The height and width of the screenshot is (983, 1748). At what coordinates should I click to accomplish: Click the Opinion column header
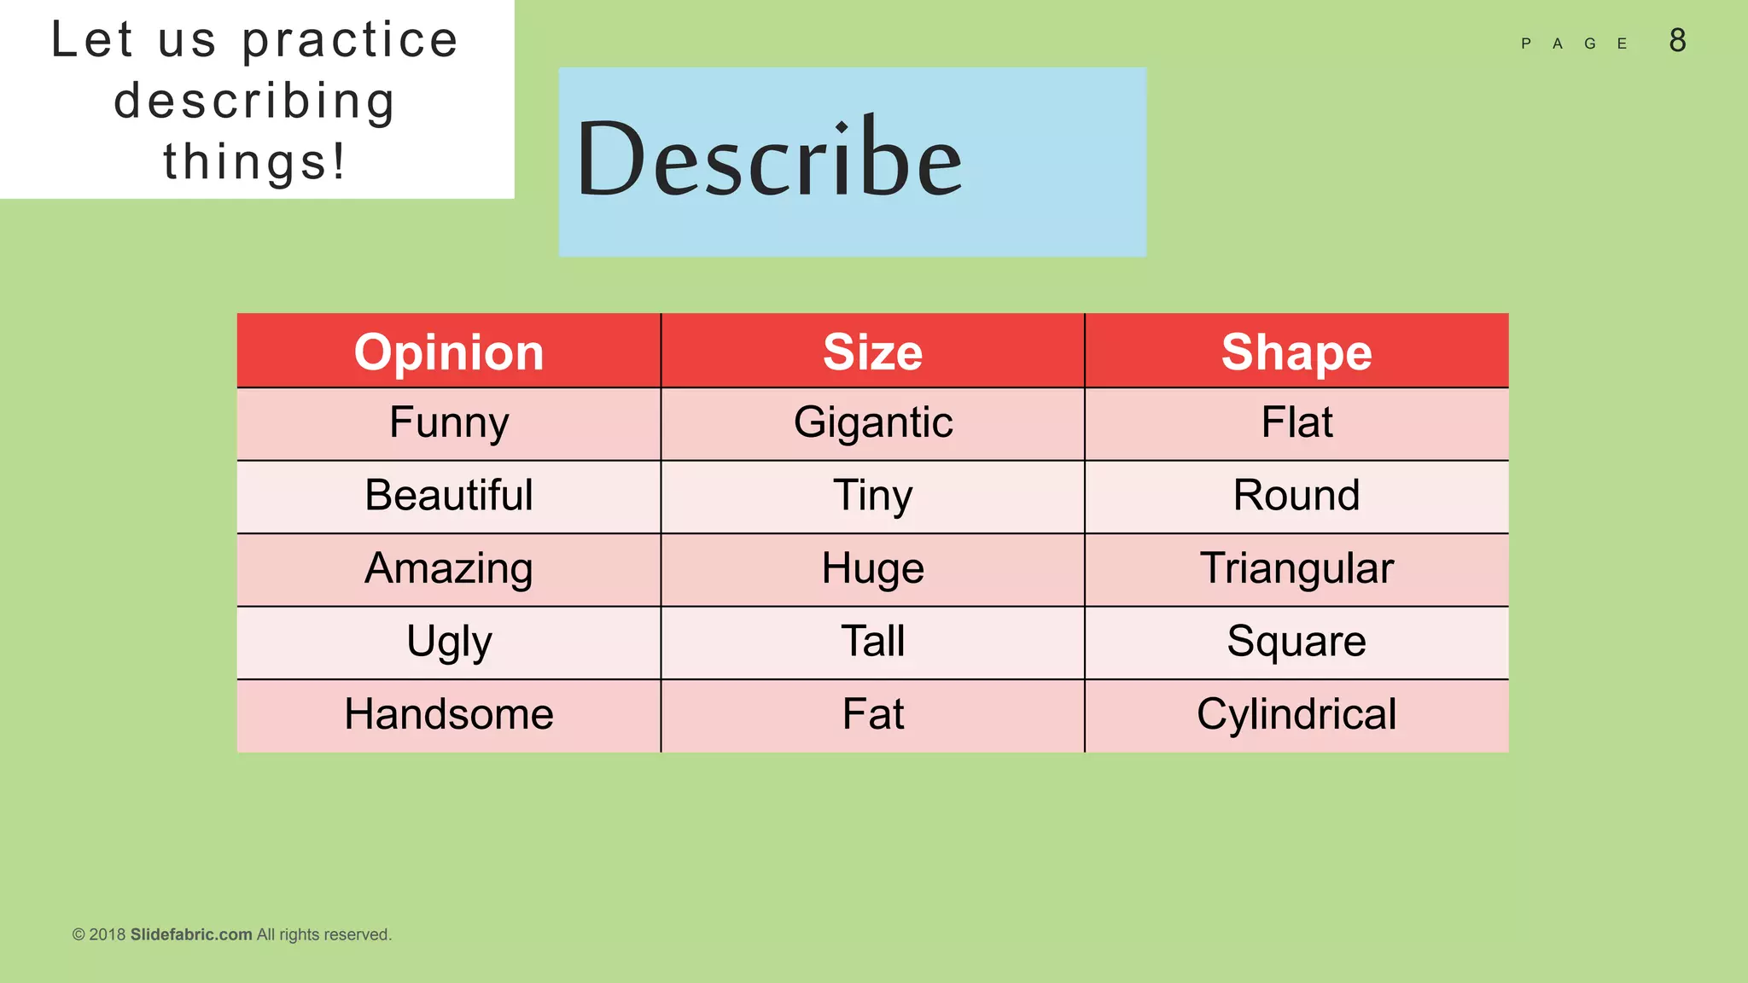pyautogui.click(x=449, y=352)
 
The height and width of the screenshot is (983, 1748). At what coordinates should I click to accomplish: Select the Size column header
pyautogui.click(x=872, y=352)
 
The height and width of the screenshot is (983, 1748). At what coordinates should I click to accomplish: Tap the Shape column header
pyautogui.click(x=1296, y=352)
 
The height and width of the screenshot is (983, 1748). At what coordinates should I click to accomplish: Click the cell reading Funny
pyautogui.click(x=449, y=423)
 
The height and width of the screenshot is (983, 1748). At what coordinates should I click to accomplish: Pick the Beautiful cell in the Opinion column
pyautogui.click(x=449, y=496)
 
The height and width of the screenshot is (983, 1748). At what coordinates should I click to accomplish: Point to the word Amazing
pyautogui.click(x=449, y=569)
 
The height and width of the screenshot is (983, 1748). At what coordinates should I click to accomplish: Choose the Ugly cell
pyautogui.click(x=449, y=642)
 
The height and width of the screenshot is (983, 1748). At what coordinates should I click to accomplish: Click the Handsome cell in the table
pyautogui.click(x=449, y=714)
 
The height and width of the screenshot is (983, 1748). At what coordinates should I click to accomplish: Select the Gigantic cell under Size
pyautogui.click(x=872, y=423)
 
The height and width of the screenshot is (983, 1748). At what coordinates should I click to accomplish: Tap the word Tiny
pyautogui.click(x=872, y=496)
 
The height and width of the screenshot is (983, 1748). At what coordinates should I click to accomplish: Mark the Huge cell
pyautogui.click(x=872, y=569)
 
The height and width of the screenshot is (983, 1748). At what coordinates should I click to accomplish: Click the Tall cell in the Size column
pyautogui.click(x=872, y=642)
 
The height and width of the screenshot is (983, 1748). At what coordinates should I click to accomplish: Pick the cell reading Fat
pyautogui.click(x=872, y=714)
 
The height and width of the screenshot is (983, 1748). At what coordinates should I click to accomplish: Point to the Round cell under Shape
pyautogui.click(x=1296, y=496)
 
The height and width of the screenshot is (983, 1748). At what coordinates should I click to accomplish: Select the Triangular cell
pyautogui.click(x=1296, y=569)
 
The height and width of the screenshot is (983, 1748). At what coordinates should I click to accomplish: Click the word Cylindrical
pyautogui.click(x=1296, y=714)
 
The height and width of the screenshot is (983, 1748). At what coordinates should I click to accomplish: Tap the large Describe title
pyautogui.click(x=769, y=160)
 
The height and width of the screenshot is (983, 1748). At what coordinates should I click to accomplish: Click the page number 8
pyautogui.click(x=1677, y=41)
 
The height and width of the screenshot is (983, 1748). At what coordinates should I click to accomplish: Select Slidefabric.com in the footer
pyautogui.click(x=191, y=934)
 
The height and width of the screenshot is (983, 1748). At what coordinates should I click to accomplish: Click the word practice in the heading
pyautogui.click(x=350, y=41)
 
